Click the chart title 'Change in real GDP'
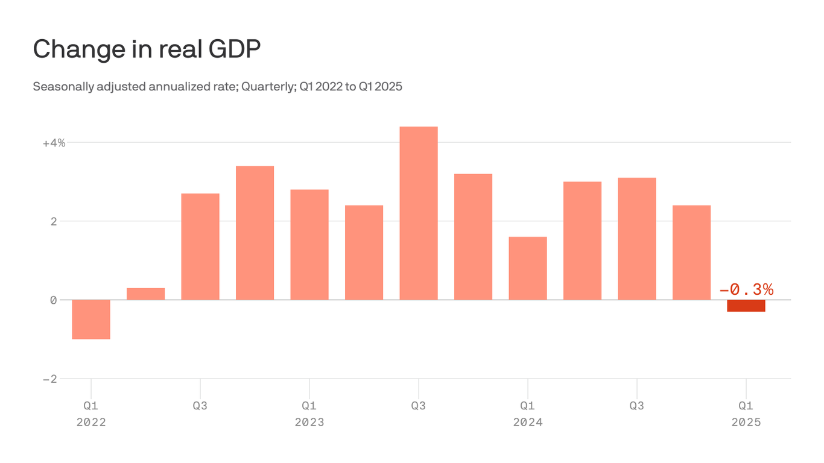pos(147,49)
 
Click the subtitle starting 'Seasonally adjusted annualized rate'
pos(217,86)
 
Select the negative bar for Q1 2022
pos(91,319)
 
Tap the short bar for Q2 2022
pos(145,294)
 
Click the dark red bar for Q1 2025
pos(746,306)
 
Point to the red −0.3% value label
pos(746,290)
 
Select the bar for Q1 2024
pos(528,268)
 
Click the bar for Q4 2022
pos(255,233)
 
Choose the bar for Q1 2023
pos(309,244)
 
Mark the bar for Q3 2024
pos(637,239)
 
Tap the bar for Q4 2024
pos(691,253)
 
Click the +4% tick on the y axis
pos(54,143)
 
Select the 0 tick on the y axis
pos(54,300)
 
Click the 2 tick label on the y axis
pos(54,221)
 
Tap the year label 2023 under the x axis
pos(309,422)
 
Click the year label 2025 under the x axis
pos(746,422)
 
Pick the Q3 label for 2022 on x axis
pos(200,406)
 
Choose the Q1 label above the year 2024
pos(528,406)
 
